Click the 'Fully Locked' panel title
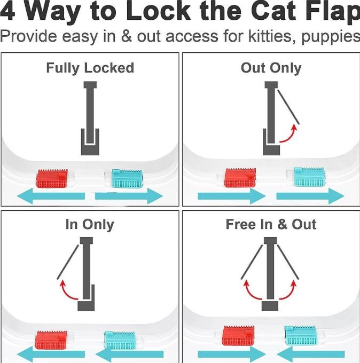(x=90, y=68)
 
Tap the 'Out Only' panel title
(x=271, y=68)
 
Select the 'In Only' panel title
(x=90, y=224)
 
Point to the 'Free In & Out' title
(x=271, y=224)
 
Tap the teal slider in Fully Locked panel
(x=127, y=178)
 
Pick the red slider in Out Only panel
(x=240, y=178)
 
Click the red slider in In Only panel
(x=51, y=340)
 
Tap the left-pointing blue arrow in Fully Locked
(x=51, y=196)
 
